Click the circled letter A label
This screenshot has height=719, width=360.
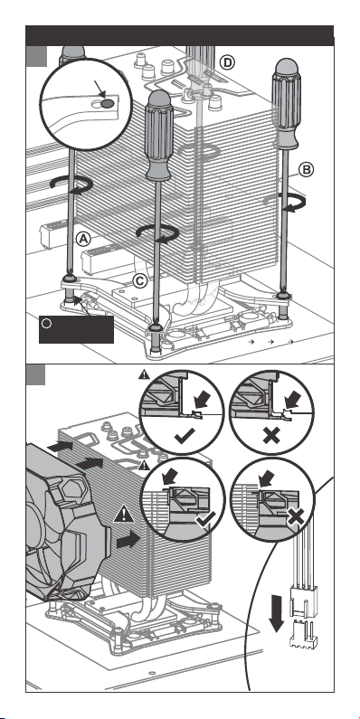pos(83,239)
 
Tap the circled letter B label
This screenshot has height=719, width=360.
pos(307,170)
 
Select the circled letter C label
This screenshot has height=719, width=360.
pos(140,280)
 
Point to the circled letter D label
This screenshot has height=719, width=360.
pos(227,61)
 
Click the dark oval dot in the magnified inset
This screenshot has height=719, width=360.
pos(107,104)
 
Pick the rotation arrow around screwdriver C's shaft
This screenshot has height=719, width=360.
pos(157,232)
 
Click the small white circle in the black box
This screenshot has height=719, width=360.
pos(46,323)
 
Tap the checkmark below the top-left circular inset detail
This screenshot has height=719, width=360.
pos(185,436)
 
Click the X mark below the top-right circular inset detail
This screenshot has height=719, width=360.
pos(271,436)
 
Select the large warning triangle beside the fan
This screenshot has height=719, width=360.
pos(124,514)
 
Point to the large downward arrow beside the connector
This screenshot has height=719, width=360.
pos(276,613)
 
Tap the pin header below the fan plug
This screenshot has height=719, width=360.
pos(300,634)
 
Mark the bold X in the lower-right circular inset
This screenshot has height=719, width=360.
pos(296,516)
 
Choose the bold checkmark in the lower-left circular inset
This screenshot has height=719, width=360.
pos(204,518)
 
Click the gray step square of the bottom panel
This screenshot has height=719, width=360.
pos(35,375)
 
